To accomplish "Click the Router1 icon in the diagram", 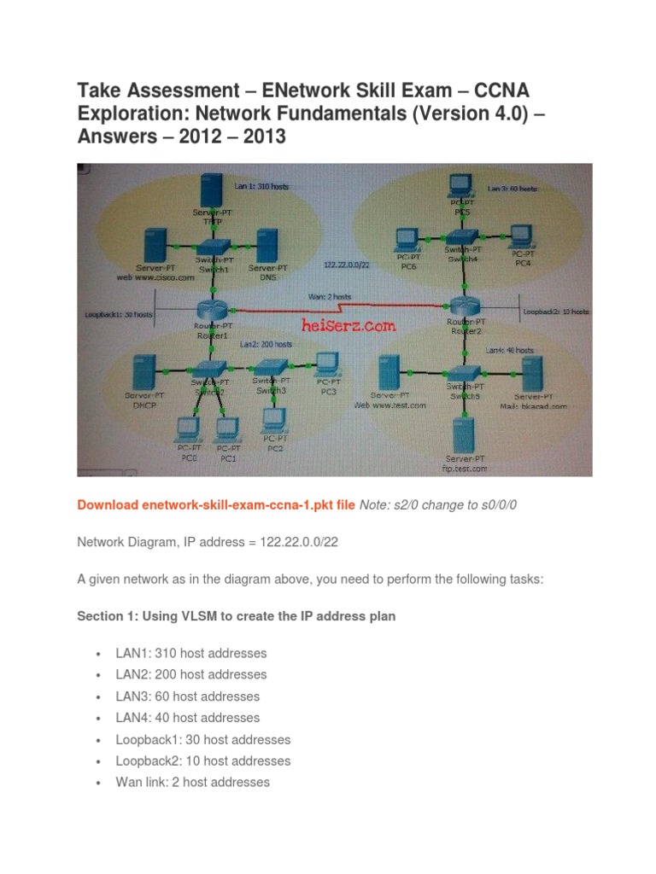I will coord(209,308).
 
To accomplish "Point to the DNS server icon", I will coord(266,246).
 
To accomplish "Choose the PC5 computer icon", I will coord(462,188).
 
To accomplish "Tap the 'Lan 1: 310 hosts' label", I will coord(261,184).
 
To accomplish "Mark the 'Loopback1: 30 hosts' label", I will coord(119,314).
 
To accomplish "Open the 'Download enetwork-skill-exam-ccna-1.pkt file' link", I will coord(215,505).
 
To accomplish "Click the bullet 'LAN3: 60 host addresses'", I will coord(188,696).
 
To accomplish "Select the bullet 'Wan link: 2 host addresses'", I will coord(192,782).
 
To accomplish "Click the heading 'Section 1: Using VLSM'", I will coord(236,616).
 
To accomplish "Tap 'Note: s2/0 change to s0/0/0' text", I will coord(438,505).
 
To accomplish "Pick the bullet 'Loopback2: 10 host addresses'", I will coord(203,760).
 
